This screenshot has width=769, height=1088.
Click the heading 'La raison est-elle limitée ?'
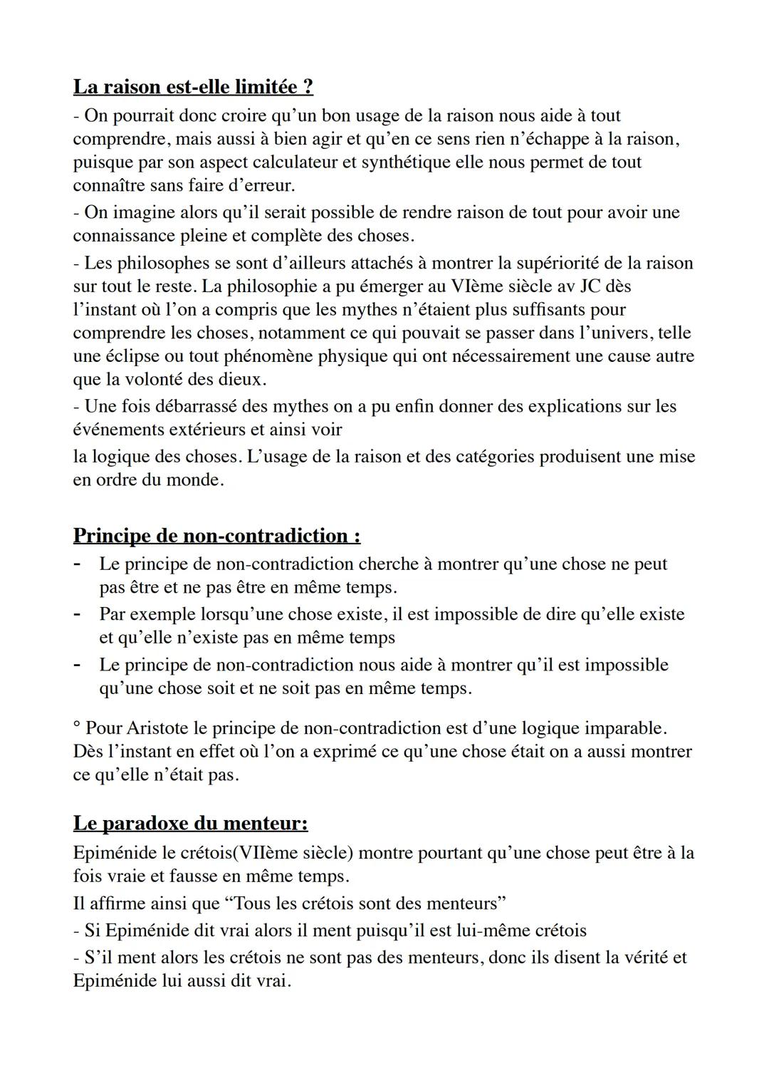click(x=193, y=87)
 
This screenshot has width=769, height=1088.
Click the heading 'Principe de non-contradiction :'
click(x=216, y=535)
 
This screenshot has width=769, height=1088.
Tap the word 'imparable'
click(x=624, y=728)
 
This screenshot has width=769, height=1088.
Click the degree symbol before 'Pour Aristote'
click(x=76, y=725)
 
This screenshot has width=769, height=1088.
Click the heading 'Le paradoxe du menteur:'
click(x=190, y=823)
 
